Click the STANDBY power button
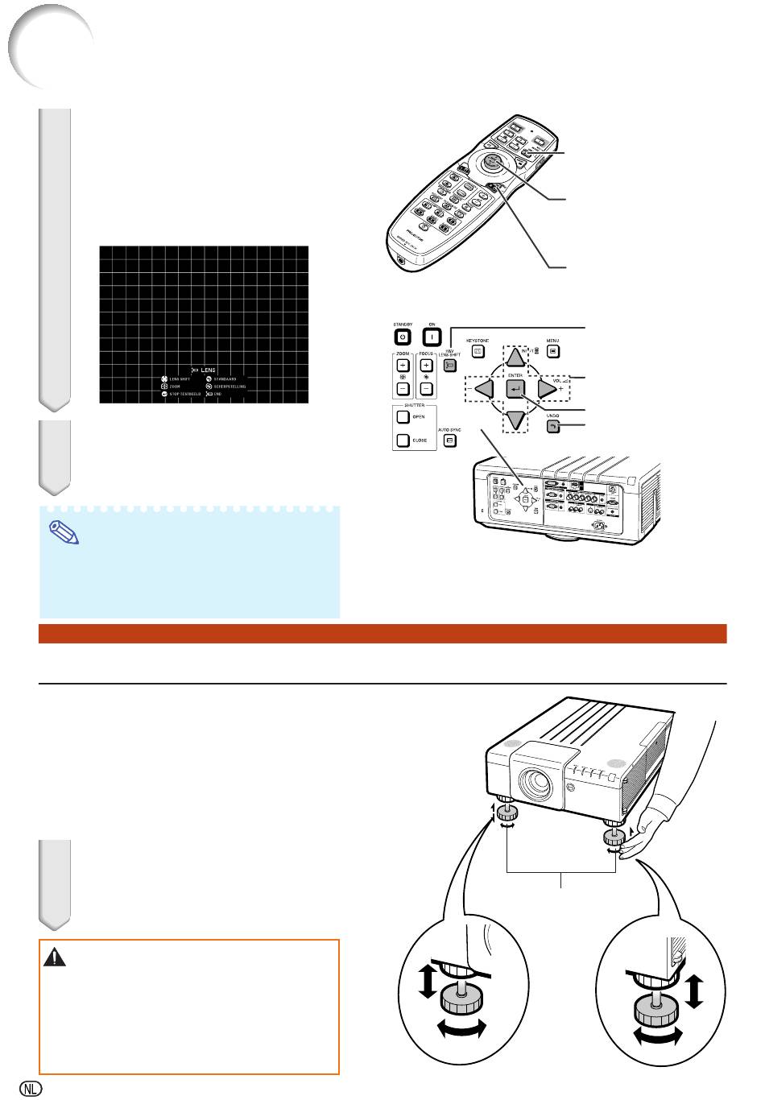[x=403, y=337]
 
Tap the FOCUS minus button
[x=427, y=389]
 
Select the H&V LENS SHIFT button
[x=451, y=365]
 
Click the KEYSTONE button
[x=478, y=351]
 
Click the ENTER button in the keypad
[x=515, y=389]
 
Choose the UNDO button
[x=552, y=425]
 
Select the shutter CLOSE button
[x=403, y=440]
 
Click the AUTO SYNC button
[x=450, y=441]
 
